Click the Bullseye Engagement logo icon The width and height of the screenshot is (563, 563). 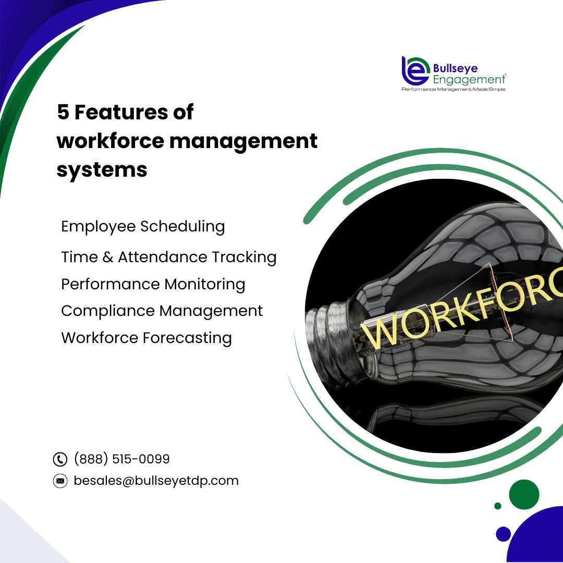(415, 71)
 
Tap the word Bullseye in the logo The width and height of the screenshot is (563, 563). (455, 68)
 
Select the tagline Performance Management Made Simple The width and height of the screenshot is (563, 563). (454, 89)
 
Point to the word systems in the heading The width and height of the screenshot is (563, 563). (102, 169)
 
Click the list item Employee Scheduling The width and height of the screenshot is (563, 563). (143, 227)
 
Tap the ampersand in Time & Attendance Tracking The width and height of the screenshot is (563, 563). (108, 257)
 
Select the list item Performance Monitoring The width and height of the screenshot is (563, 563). (153, 284)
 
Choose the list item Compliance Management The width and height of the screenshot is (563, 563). (162, 311)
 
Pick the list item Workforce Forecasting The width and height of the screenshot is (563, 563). (146, 338)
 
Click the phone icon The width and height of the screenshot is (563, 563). (60, 459)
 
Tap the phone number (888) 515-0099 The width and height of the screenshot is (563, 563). (121, 459)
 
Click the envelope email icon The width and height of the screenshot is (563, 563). (60, 481)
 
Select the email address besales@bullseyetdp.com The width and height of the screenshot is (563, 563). (156, 481)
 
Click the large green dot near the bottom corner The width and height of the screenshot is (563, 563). (524, 494)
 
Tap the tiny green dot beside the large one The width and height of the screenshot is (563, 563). (498, 506)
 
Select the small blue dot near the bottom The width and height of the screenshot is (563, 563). (503, 534)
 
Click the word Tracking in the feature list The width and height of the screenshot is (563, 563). (244, 257)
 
